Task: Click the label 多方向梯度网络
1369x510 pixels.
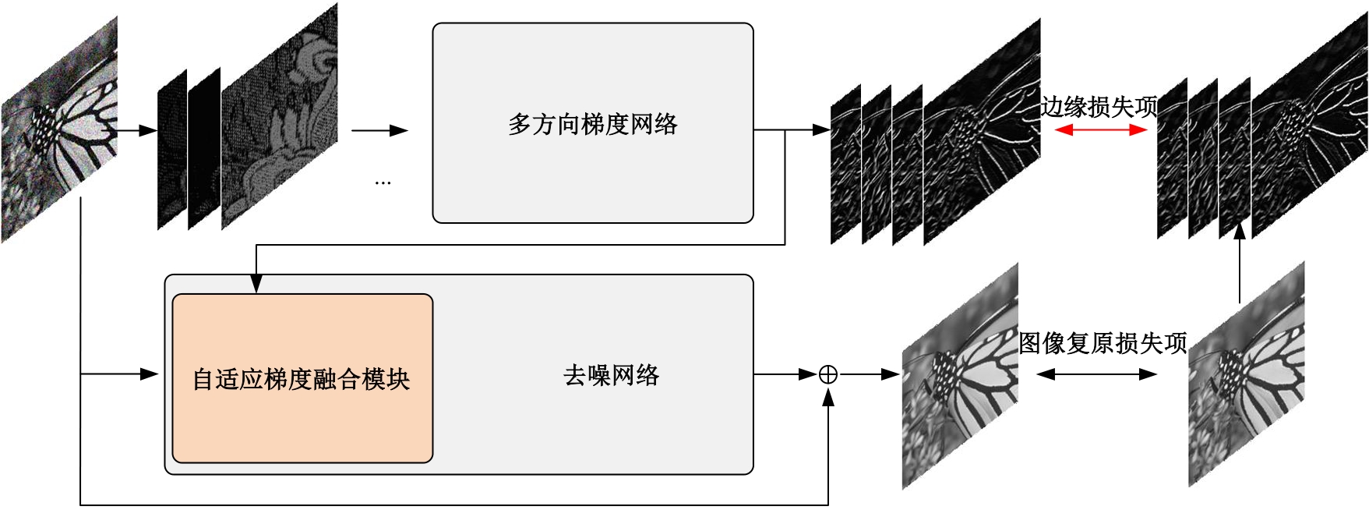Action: [592, 124]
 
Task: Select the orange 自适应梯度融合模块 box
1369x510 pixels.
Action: [302, 378]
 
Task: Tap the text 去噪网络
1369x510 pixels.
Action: [611, 375]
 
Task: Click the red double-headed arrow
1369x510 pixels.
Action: [1100, 130]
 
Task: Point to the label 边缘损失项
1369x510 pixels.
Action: [1099, 107]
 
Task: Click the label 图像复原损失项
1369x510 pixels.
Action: [1102, 343]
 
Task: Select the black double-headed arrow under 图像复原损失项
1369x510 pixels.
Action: [1096, 374]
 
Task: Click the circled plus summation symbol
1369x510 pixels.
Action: [828, 375]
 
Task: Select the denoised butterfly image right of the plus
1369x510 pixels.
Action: [960, 376]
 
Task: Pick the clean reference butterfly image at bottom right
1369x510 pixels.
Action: [1246, 374]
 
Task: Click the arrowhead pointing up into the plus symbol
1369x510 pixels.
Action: [828, 398]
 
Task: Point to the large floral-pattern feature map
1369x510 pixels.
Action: [280, 117]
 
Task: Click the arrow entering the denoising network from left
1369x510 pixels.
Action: [121, 374]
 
